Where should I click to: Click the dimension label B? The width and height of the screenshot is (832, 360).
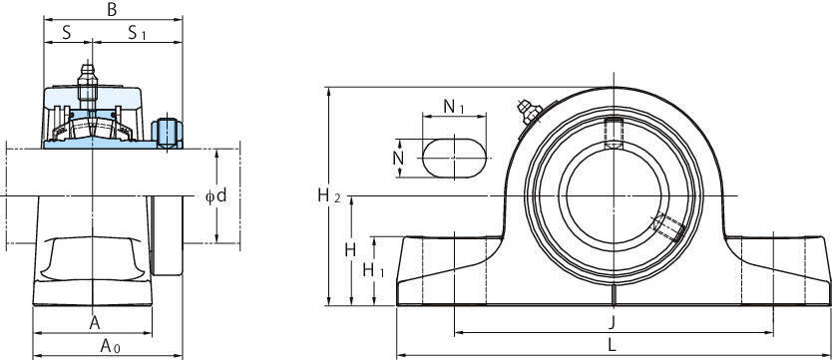point(112,10)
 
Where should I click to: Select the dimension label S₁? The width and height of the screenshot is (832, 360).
point(137,33)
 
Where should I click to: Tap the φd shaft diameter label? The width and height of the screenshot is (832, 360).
point(215,196)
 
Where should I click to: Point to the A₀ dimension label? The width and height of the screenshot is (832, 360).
point(111,347)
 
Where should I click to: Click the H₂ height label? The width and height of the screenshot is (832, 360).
point(329,196)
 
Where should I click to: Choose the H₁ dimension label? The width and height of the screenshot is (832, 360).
point(373,271)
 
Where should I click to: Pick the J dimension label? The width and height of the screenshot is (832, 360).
point(612,322)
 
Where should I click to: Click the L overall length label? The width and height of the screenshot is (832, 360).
point(612,346)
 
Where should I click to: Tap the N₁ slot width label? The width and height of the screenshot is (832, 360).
point(454,107)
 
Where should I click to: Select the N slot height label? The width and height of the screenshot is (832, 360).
point(398,158)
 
